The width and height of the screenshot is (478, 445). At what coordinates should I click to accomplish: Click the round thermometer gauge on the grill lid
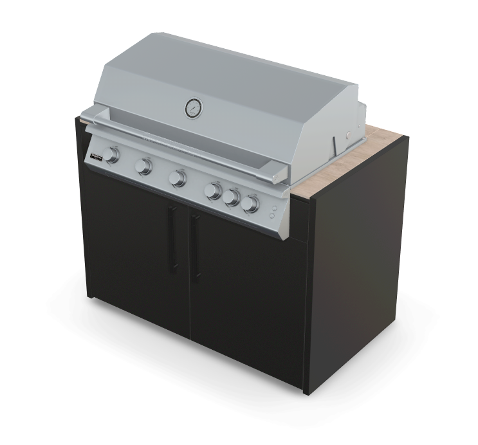pyautogui.click(x=192, y=108)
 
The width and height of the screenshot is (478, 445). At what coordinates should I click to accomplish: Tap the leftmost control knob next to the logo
pyautogui.click(x=113, y=156)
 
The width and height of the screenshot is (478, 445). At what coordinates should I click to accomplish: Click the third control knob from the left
pyautogui.click(x=178, y=178)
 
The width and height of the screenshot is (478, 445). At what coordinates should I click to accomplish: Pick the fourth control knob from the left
pyautogui.click(x=213, y=190)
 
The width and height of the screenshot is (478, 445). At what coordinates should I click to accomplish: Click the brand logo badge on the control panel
pyautogui.click(x=97, y=155)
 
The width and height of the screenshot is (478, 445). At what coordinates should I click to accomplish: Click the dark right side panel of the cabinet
pyautogui.click(x=360, y=270)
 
